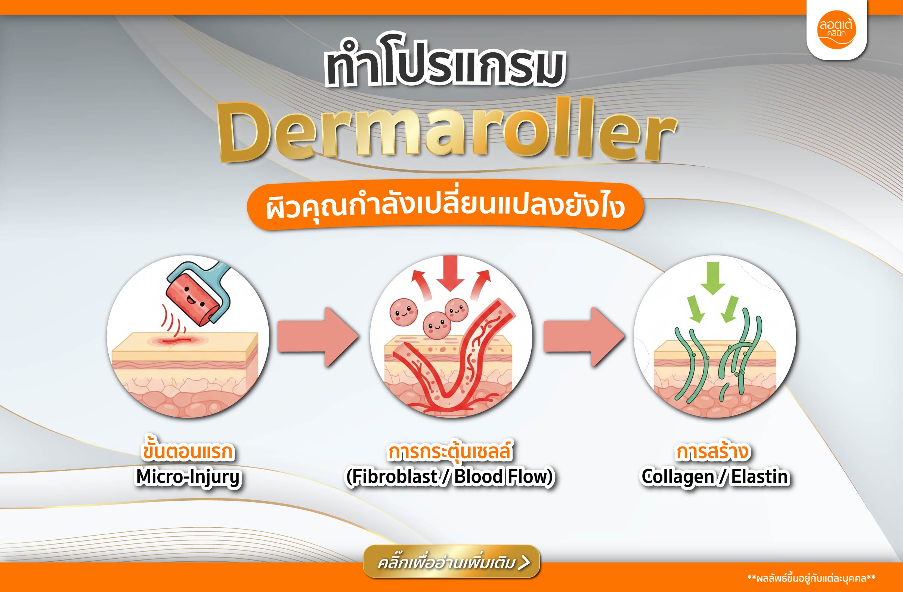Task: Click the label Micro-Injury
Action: coord(189,477)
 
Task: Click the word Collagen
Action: coord(678,478)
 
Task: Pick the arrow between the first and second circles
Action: coord(318,337)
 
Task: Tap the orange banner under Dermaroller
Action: coord(445,205)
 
